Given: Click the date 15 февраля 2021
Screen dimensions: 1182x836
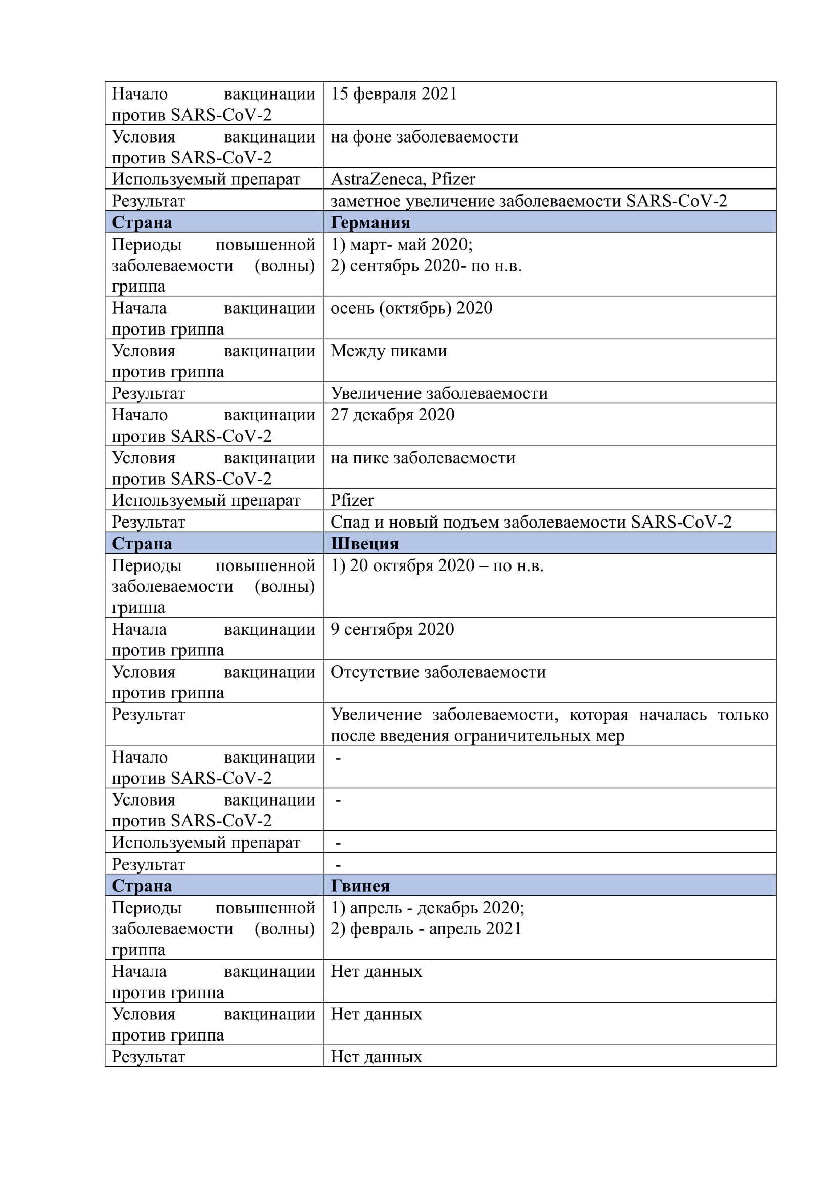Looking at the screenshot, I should click(x=394, y=93).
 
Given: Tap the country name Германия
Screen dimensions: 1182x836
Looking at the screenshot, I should click(x=370, y=222).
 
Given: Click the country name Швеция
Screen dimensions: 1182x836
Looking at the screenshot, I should click(x=364, y=544).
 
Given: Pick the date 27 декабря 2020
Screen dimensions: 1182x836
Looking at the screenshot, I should click(x=392, y=415).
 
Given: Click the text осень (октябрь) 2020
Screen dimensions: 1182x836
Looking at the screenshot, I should click(x=411, y=308).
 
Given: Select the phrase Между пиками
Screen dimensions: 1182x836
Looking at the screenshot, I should click(x=389, y=351).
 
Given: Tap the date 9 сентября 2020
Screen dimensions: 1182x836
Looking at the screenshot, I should click(x=392, y=629).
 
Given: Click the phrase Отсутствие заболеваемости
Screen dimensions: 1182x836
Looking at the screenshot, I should click(x=438, y=672).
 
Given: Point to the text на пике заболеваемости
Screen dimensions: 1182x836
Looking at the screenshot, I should click(x=423, y=458).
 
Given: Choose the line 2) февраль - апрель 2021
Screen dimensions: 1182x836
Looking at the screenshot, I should click(x=426, y=929).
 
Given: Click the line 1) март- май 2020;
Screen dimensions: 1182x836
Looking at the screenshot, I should click(x=401, y=244).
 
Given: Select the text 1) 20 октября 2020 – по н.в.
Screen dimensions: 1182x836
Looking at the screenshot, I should click(x=437, y=565).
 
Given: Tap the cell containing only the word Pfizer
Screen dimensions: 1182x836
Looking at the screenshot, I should click(x=352, y=500).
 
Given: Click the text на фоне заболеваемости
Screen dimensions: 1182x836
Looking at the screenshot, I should click(x=424, y=136).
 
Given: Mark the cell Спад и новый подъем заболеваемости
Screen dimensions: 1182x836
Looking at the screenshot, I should click(x=531, y=522).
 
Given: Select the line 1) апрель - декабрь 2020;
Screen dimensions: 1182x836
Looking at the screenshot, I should click(x=427, y=907).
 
